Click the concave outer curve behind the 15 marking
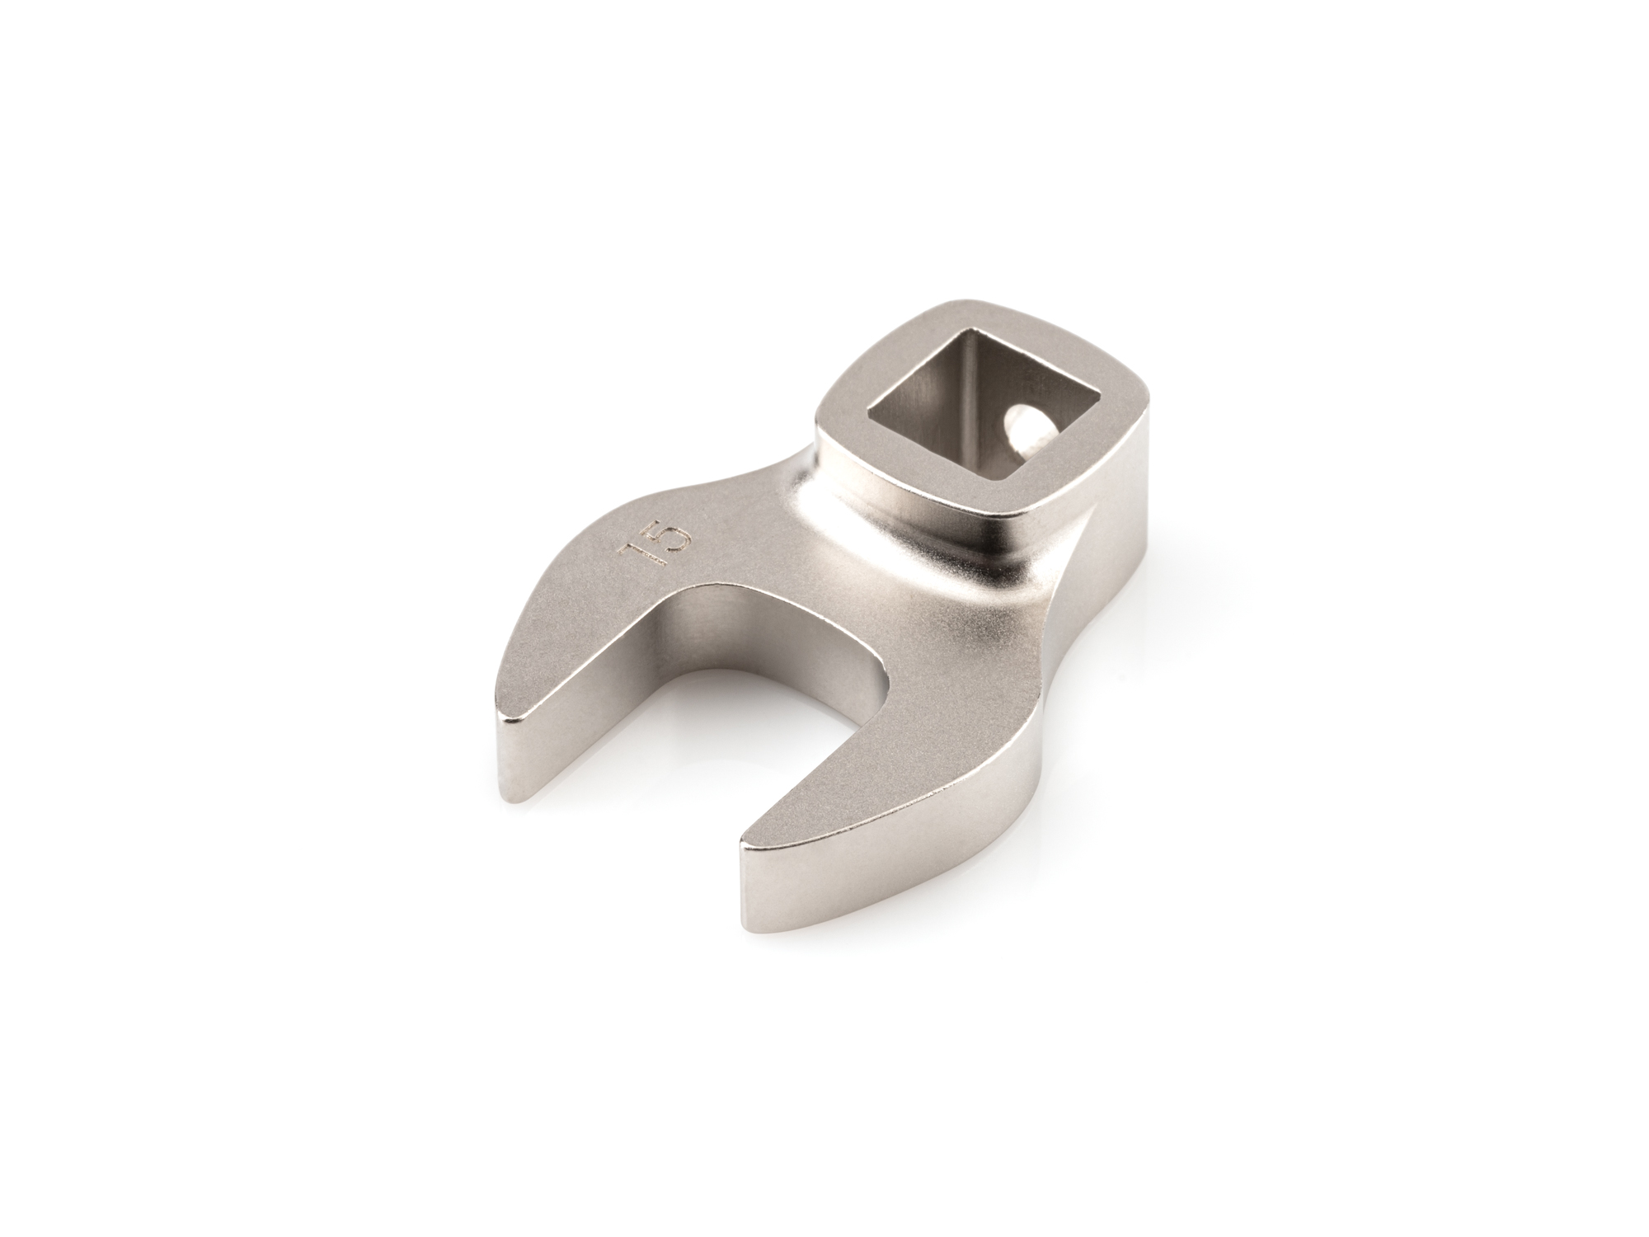coord(742,487)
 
